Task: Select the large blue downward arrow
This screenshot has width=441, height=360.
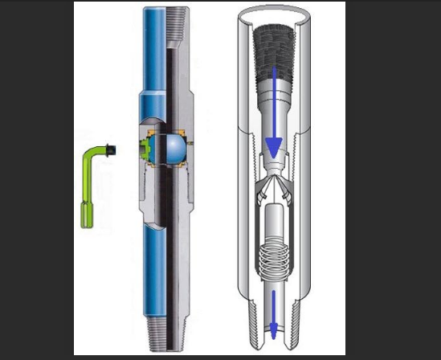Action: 273,121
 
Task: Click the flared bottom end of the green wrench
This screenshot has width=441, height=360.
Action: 87,217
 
